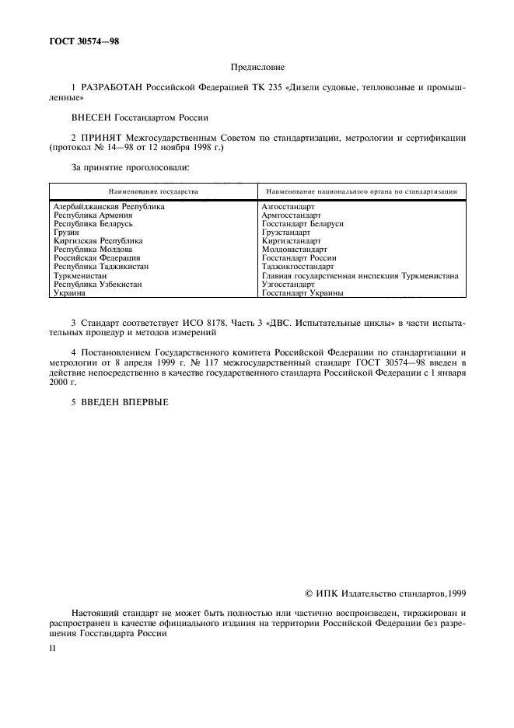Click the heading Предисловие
(257, 68)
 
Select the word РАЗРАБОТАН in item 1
(113, 89)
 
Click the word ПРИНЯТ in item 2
(103, 138)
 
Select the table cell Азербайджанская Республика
(109, 207)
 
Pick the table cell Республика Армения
(93, 215)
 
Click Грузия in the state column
(66, 233)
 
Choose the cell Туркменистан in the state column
(81, 275)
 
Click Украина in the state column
(70, 293)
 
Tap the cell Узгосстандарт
(288, 285)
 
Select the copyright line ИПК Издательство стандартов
(386, 593)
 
